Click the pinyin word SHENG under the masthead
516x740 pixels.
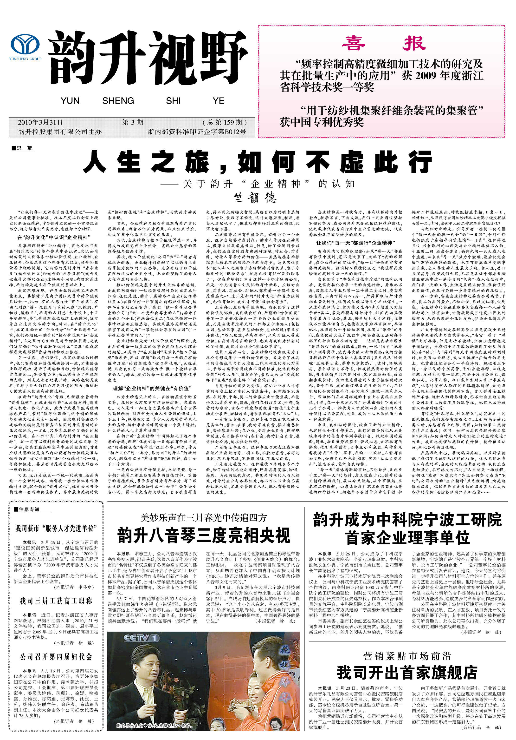point(118,101)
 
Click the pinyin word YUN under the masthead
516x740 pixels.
point(70,101)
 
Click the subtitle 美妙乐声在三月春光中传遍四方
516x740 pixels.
point(204,518)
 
